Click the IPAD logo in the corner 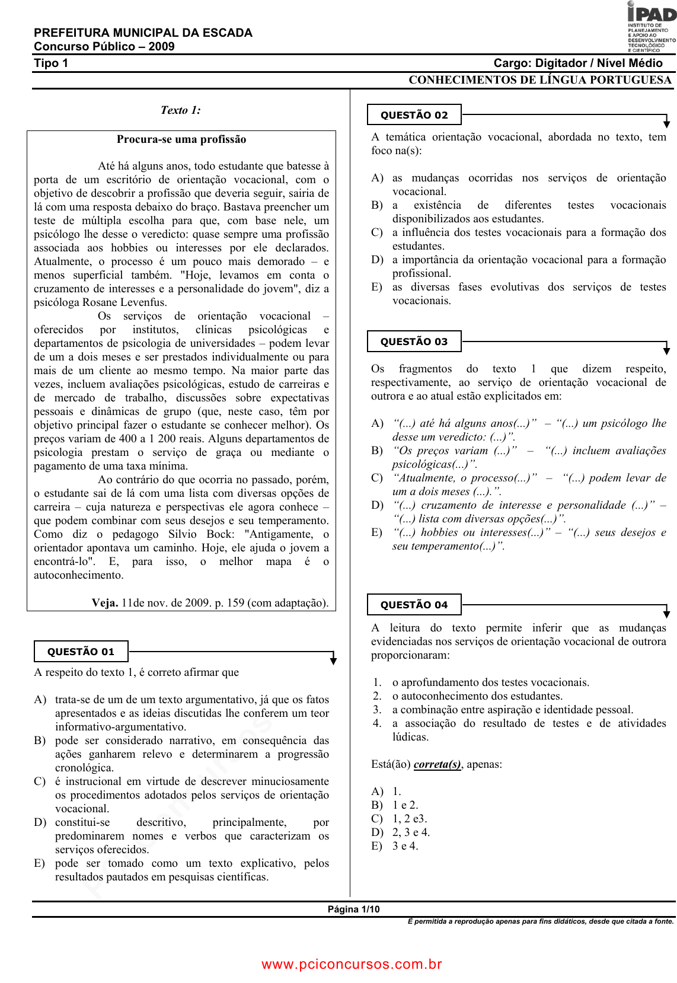[x=651, y=27]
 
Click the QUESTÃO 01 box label [x=81, y=652]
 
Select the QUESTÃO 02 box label [x=414, y=115]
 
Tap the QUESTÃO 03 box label [x=414, y=342]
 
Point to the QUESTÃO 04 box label [x=414, y=605]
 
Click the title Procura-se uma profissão [x=181, y=139]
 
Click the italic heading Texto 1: [x=181, y=110]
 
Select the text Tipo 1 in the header [x=51, y=63]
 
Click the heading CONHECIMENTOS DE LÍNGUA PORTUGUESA [x=540, y=80]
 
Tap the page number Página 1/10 [x=353, y=909]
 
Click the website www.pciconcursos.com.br [x=352, y=965]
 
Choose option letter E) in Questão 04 [x=377, y=846]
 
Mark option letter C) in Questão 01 [x=40, y=781]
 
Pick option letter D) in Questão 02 [x=377, y=260]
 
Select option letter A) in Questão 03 [x=377, y=423]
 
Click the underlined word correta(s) [x=437, y=764]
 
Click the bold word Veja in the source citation [x=104, y=603]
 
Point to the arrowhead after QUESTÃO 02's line [x=666, y=123]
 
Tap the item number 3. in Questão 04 [x=377, y=710]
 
